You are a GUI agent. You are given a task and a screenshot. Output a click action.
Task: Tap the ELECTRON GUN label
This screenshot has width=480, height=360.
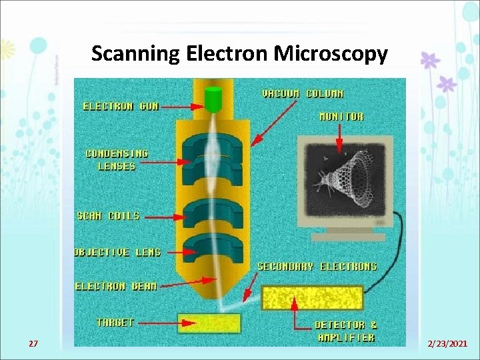pos(121,106)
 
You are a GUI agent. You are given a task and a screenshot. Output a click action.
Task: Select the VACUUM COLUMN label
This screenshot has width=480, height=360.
pos(303,94)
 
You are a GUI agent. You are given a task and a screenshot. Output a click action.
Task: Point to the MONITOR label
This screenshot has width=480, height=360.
pos(341,116)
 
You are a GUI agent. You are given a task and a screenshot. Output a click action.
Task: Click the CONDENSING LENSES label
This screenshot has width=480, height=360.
pos(117,159)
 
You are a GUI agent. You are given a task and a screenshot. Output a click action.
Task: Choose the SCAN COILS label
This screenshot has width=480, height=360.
pos(109,215)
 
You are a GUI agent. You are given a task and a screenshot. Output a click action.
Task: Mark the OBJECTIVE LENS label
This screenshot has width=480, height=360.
pos(117,252)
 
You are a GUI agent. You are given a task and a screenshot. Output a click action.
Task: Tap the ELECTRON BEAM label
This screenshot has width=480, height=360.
pos(116,286)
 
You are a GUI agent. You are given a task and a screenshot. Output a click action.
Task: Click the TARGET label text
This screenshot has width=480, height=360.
pos(115,322)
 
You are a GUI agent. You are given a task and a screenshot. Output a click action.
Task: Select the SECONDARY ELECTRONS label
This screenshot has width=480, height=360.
pos(317,266)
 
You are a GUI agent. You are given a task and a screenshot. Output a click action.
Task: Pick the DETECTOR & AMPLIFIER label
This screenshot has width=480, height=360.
pos(346,331)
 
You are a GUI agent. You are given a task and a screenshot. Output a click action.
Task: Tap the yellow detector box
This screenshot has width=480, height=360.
pos(312,298)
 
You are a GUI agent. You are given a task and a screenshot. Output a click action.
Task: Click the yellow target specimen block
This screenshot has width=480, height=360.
pos(209,323)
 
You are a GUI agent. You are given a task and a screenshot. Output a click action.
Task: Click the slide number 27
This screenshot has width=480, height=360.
pos(33,344)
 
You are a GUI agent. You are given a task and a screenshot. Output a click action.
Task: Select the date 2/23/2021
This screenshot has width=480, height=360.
pos(447,344)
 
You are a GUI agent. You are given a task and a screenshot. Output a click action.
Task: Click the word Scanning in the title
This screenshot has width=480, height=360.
pos(133,53)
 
